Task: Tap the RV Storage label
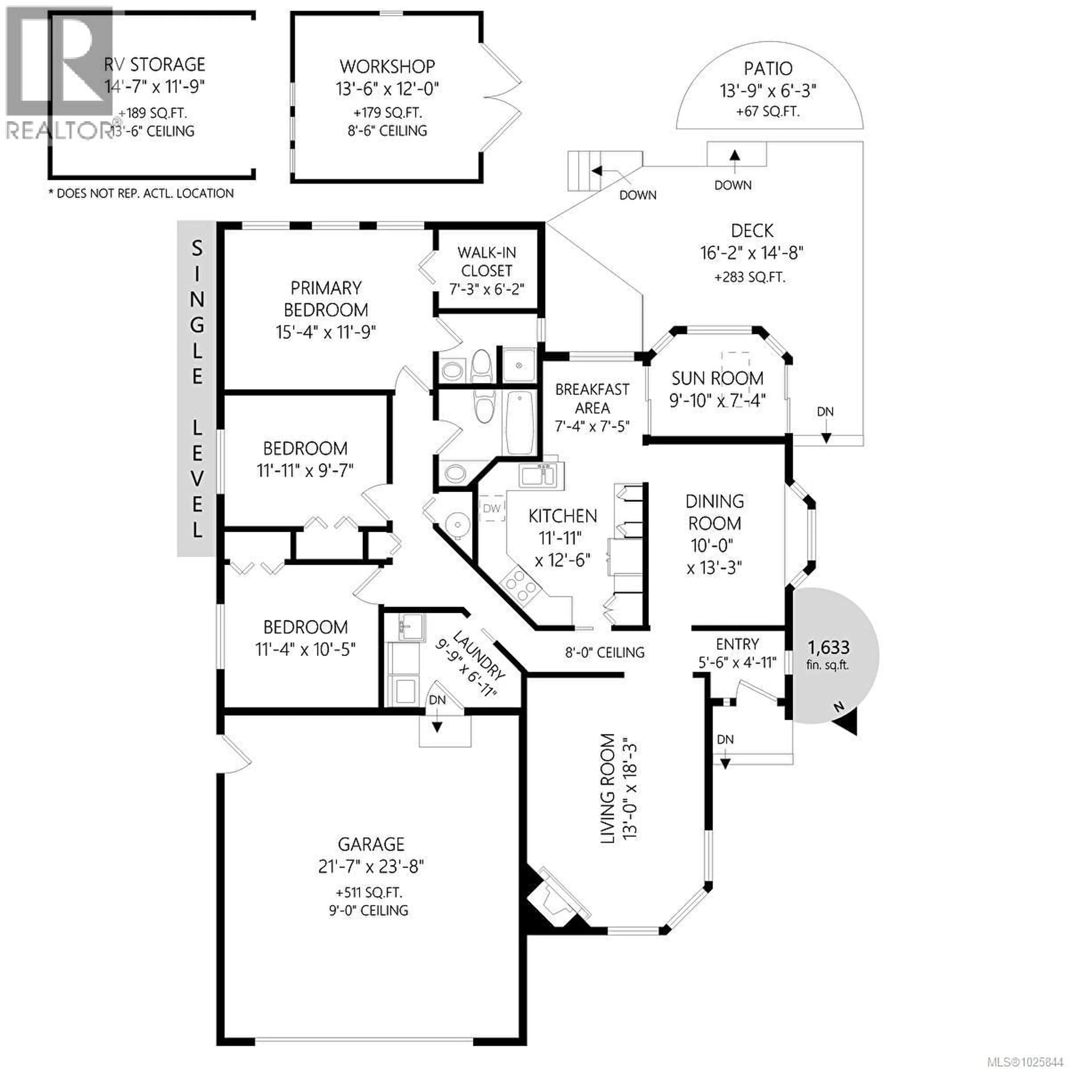pos(155,65)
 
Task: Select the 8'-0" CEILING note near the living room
pos(605,652)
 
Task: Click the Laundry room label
pos(479,655)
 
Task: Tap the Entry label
pos(737,644)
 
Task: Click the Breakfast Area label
pos(592,398)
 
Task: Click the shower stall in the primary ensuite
pos(518,365)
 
